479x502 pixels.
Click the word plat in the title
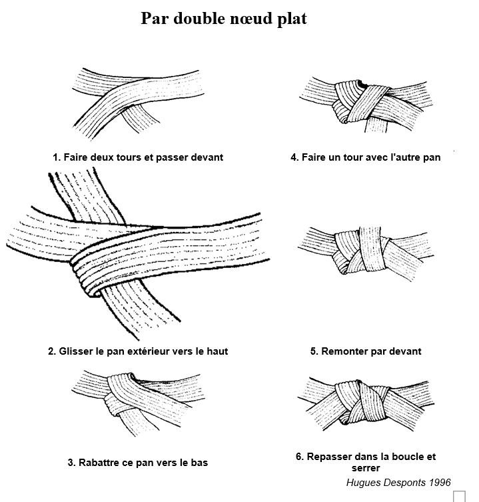click(292, 19)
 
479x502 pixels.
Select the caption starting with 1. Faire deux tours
click(138, 158)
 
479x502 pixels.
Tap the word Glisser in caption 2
click(77, 351)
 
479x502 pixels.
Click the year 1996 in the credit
click(438, 482)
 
